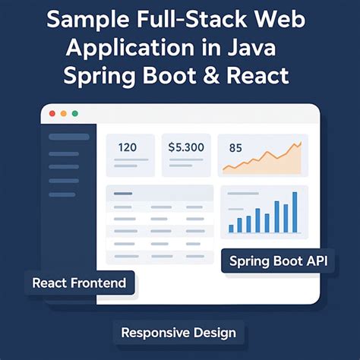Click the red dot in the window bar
click(52, 113)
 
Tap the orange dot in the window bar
click(64, 113)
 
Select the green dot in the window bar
click(74, 113)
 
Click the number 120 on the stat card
click(127, 147)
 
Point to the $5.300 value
click(186, 147)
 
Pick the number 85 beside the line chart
click(235, 148)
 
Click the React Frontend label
click(79, 284)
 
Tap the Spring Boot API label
click(279, 262)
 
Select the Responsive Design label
click(178, 332)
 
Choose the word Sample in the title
click(78, 19)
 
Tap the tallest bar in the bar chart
click(295, 212)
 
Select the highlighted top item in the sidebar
click(68, 137)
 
